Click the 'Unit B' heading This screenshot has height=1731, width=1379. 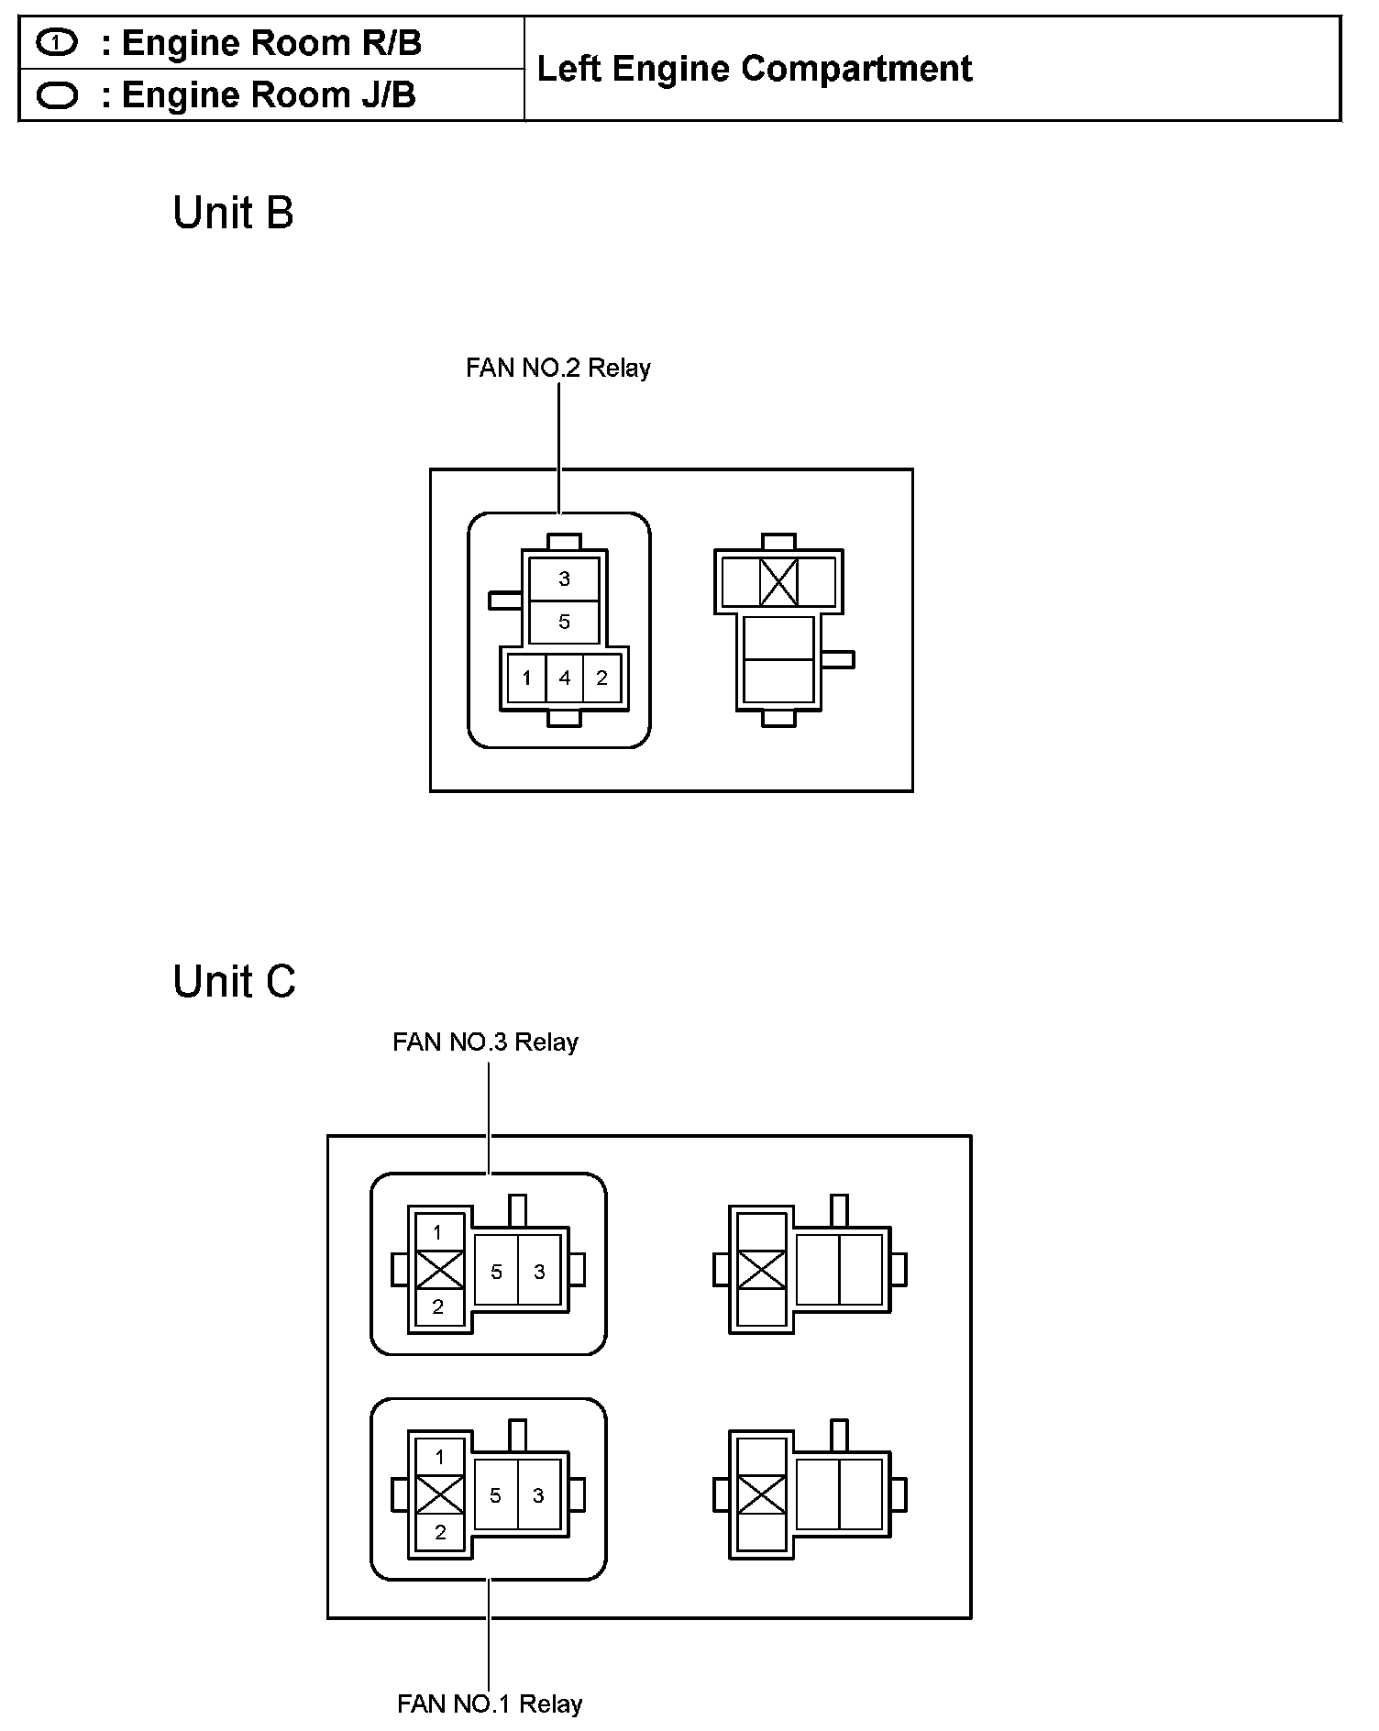[x=233, y=214]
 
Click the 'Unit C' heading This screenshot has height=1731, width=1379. [x=234, y=982]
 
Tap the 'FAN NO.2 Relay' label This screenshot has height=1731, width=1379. [x=557, y=369]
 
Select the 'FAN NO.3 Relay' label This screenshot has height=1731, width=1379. [x=485, y=1042]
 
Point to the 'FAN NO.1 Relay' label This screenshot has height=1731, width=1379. [x=490, y=1704]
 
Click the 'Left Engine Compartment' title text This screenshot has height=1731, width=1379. [x=754, y=69]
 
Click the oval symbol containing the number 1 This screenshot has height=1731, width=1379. [x=57, y=42]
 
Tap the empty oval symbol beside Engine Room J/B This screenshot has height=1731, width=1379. [x=57, y=95]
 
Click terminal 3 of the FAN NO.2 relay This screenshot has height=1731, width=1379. [x=564, y=579]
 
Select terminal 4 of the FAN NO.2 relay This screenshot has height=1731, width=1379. [x=564, y=678]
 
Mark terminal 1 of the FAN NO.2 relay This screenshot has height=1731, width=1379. [x=526, y=678]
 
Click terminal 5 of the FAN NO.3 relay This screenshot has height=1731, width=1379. [x=496, y=1272]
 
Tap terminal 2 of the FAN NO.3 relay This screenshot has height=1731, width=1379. [x=438, y=1307]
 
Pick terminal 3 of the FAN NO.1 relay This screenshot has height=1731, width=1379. [x=538, y=1495]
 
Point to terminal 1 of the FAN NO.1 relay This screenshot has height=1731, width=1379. [x=439, y=1457]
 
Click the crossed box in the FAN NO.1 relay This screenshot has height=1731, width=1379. [x=439, y=1495]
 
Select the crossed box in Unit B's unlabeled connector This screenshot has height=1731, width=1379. [x=778, y=581]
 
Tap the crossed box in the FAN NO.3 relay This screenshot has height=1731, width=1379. [x=439, y=1271]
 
